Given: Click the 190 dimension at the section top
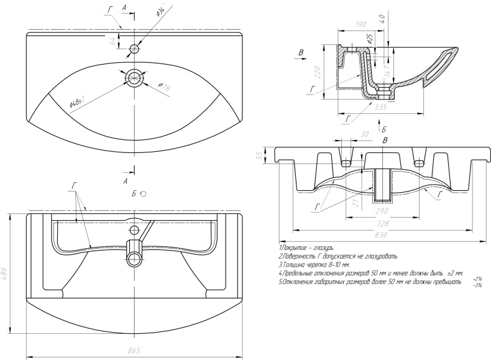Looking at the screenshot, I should (359, 24).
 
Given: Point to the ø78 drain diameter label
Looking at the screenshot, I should (164, 88).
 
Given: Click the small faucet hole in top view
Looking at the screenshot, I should (134, 48).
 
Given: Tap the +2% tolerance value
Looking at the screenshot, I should (477, 279).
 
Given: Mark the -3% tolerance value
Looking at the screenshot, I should (477, 285).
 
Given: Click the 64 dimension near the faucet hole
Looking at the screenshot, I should (112, 42).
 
